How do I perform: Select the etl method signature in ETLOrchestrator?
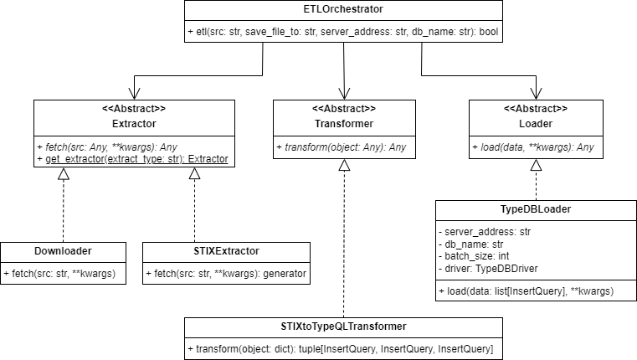(344, 33)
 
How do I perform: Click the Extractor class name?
(127, 124)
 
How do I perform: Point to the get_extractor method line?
(133, 159)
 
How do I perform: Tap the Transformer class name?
(344, 124)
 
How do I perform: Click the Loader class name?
(536, 124)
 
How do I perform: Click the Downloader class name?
(64, 250)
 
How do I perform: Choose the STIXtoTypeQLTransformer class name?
(343, 327)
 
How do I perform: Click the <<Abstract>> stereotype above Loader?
(536, 109)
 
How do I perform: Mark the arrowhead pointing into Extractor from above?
(133, 94)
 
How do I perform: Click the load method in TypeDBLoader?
(528, 291)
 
